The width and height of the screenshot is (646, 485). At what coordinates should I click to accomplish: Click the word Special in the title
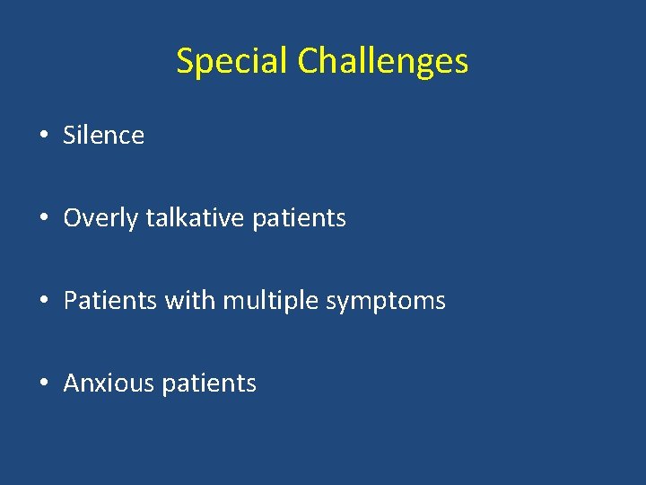pyautogui.click(x=232, y=62)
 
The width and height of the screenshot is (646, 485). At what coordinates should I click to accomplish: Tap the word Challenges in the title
pyautogui.click(x=382, y=62)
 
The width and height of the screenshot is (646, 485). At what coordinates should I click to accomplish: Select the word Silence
pyautogui.click(x=103, y=136)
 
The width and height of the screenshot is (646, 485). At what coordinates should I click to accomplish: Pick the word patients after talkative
pyautogui.click(x=299, y=218)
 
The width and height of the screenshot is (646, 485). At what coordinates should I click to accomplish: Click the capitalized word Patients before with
pyautogui.click(x=110, y=301)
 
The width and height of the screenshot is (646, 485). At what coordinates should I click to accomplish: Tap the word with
pyautogui.click(x=189, y=301)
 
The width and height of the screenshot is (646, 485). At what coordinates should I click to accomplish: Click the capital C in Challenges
pyautogui.click(x=307, y=62)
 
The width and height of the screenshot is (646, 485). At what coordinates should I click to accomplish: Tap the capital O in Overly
pyautogui.click(x=72, y=218)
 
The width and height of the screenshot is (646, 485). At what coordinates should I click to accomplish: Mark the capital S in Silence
pyautogui.click(x=70, y=136)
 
